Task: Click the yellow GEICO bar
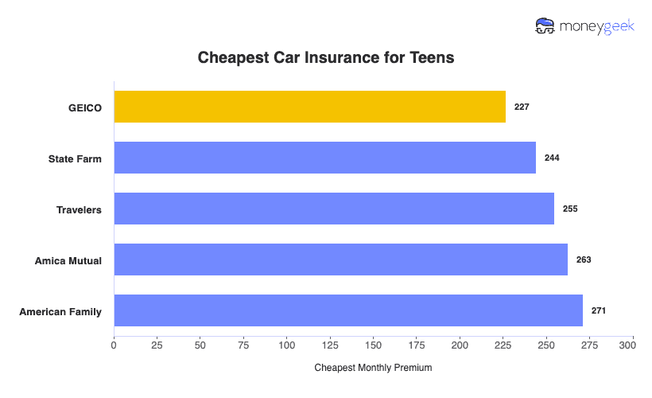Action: click(309, 107)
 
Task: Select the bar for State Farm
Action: click(324, 158)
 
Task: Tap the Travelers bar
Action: click(334, 209)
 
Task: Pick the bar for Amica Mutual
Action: click(340, 259)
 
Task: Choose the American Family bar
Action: click(348, 310)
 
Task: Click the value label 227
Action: click(522, 107)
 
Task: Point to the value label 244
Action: click(552, 158)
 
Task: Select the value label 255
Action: click(570, 209)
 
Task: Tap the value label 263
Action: click(584, 259)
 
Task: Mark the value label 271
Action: click(599, 310)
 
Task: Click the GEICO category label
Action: click(85, 107)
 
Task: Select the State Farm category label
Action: click(75, 158)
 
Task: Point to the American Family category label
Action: click(60, 311)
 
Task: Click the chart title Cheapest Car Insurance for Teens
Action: click(325, 58)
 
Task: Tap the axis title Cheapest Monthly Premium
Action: click(373, 368)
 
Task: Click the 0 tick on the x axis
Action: click(114, 345)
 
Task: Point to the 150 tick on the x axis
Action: click(373, 345)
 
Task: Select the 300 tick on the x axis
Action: click(632, 345)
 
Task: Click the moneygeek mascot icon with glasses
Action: click(545, 26)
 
